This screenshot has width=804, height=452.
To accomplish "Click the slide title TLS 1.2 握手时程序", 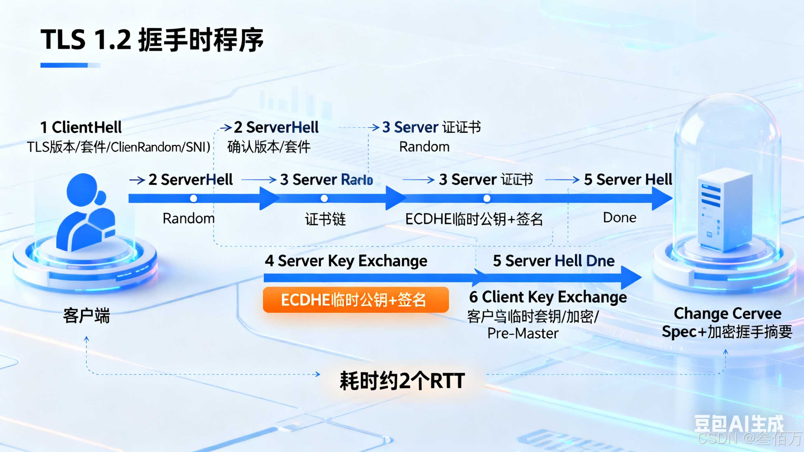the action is (x=152, y=40).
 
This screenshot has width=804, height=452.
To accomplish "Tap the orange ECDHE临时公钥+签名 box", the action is (x=355, y=300).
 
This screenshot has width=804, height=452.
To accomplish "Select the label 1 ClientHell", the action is (x=81, y=128).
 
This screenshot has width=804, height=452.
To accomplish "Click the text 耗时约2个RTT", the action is (x=402, y=381).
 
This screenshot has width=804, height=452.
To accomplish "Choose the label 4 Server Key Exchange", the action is (x=346, y=261).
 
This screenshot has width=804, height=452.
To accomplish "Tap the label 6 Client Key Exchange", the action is (x=548, y=297).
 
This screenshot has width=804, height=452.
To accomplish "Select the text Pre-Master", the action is (x=523, y=333).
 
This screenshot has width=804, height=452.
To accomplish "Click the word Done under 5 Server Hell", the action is (x=620, y=218).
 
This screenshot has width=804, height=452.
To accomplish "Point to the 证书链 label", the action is (x=325, y=219).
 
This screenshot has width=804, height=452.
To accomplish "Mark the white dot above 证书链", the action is (x=324, y=198).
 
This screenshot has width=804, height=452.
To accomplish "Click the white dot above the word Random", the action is (x=193, y=198).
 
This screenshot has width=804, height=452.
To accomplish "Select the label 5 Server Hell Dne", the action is (x=554, y=261).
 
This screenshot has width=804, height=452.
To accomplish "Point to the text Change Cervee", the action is (x=727, y=313).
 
